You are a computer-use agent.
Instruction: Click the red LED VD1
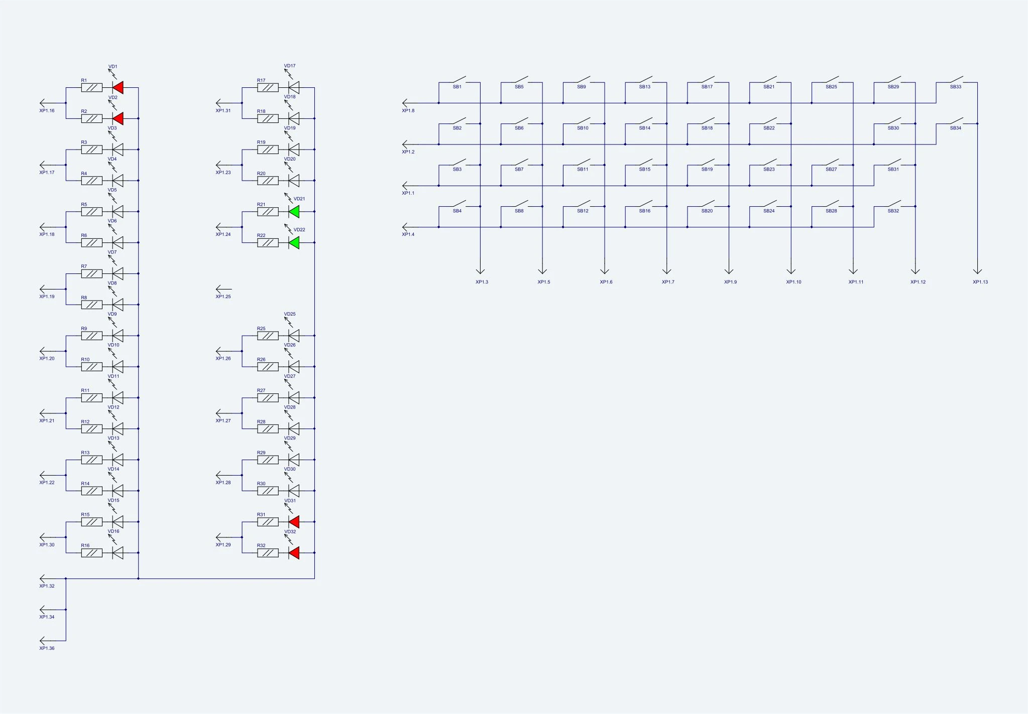118,88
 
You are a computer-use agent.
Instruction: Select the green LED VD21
294,212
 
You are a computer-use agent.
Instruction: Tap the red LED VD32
294,553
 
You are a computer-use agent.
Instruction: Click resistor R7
92,274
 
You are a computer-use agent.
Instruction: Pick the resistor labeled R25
268,336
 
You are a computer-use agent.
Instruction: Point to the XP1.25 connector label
223,297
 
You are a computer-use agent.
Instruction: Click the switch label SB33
956,87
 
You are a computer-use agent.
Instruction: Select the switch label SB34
956,128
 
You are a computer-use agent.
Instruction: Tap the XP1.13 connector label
980,282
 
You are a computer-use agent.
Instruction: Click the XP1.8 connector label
408,110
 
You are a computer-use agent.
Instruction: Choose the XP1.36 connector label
47,648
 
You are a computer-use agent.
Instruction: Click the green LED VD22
294,243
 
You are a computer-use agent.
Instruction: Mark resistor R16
92,553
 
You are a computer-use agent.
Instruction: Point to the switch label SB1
457,87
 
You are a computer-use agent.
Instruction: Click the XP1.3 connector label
482,282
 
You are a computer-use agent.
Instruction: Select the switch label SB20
707,211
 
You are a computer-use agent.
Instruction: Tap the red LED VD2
118,119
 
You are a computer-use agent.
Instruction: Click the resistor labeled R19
268,150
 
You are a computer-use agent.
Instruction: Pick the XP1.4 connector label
408,234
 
